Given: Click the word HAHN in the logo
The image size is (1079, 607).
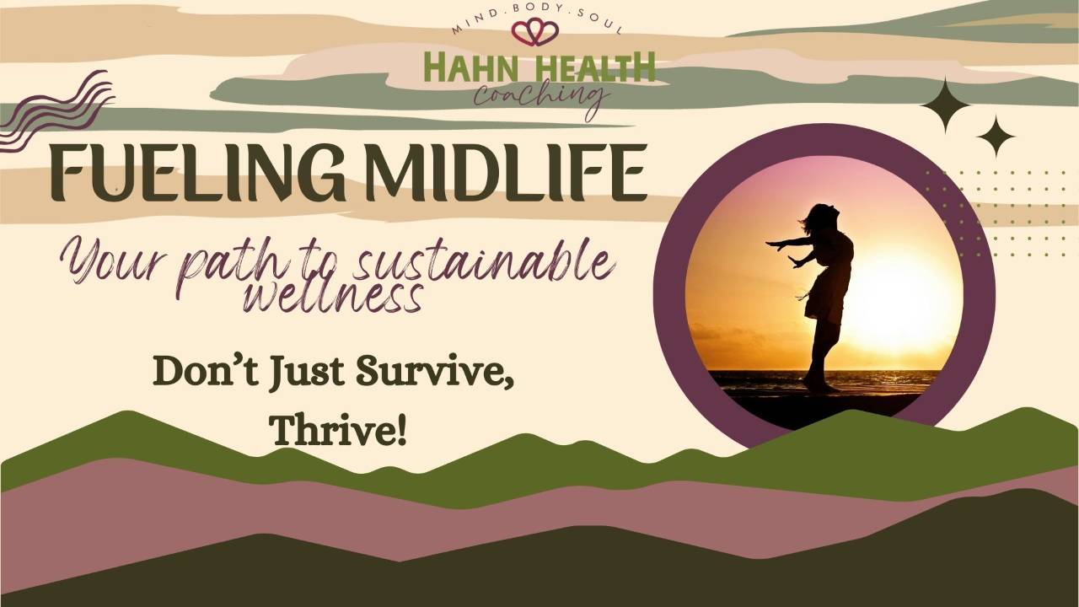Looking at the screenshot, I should (465, 67).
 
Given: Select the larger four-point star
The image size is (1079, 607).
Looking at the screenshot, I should (945, 105).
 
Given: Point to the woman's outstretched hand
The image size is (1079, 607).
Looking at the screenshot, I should (772, 244).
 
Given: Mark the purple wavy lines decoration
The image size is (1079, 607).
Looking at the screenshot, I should (56, 110).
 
